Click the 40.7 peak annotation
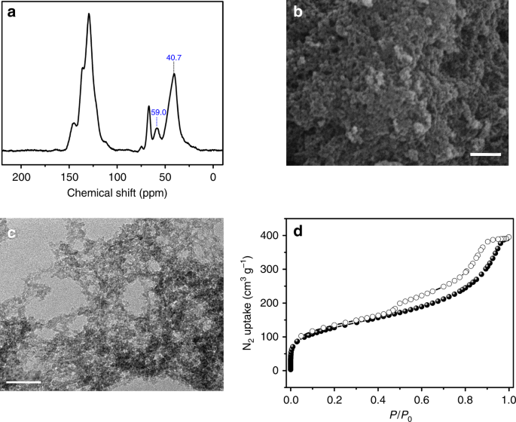pyautogui.click(x=174, y=57)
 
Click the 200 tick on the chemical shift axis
pyautogui.click(x=22, y=178)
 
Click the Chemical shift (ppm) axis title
pyautogui.click(x=117, y=193)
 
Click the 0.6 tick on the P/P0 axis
pyautogui.click(x=422, y=394)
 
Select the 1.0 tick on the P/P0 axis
pyautogui.click(x=509, y=394)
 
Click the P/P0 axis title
pyautogui.click(x=399, y=411)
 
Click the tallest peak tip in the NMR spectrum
pyautogui.click(x=89, y=14)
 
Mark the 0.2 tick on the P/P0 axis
pyautogui.click(x=334, y=394)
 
